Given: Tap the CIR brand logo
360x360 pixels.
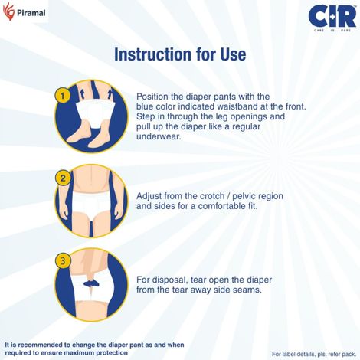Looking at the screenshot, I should pos(331,18).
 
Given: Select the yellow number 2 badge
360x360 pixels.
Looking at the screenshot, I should pos(62,178).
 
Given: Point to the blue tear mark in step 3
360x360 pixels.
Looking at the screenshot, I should pos(93,283).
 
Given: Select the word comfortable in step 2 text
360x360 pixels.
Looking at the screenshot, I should pos(214,206).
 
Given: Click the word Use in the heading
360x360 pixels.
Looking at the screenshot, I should pos(231,55).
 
